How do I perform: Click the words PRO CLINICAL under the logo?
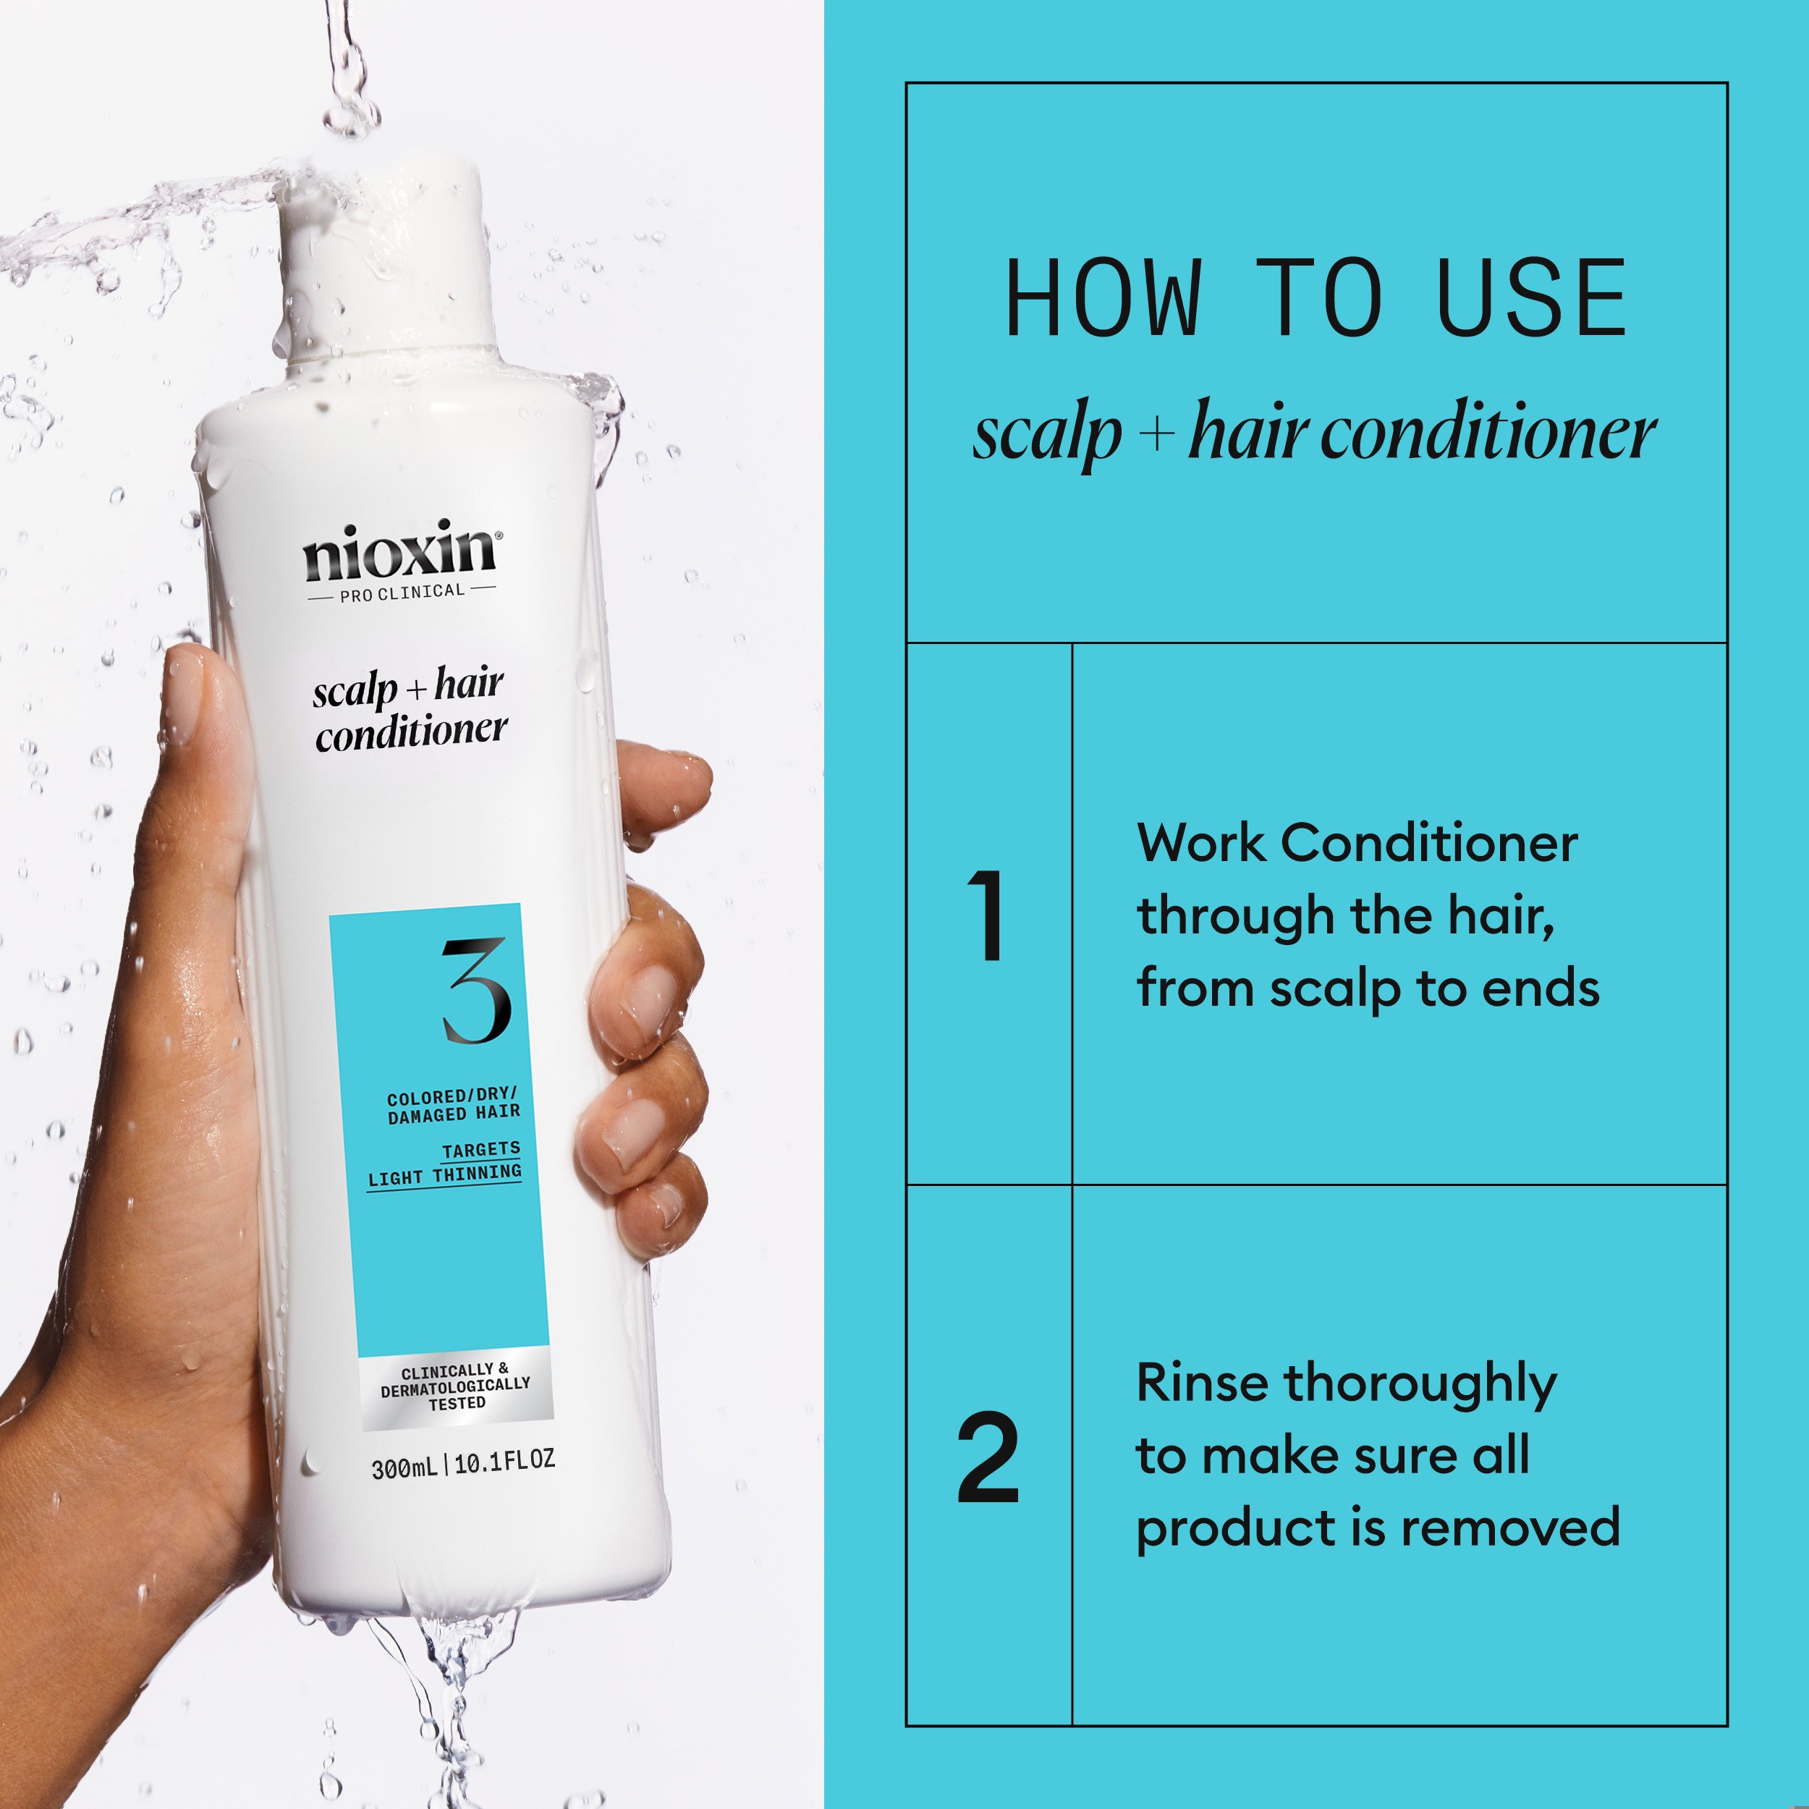point(402,593)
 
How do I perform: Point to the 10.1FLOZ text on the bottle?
point(504,1461)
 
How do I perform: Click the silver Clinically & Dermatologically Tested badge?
point(456,1388)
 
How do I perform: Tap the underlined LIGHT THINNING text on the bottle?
point(445,1176)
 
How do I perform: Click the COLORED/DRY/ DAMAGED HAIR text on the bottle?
point(453,1105)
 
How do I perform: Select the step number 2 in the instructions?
point(988,1458)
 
